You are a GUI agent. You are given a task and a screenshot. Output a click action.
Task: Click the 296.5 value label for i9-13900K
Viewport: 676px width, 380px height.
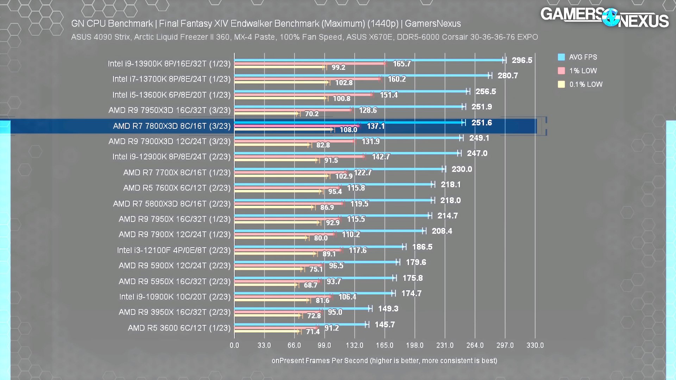point(522,60)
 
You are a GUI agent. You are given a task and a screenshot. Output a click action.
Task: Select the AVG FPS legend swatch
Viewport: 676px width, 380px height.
point(561,57)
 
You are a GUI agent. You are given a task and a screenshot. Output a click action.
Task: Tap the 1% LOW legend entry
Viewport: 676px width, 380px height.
point(583,71)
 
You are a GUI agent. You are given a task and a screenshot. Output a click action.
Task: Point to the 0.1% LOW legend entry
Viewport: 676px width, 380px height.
point(586,84)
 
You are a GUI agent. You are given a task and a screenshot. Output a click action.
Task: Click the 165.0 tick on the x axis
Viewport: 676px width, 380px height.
point(384,345)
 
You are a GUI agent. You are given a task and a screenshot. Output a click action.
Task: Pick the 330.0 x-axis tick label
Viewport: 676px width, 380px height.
point(535,345)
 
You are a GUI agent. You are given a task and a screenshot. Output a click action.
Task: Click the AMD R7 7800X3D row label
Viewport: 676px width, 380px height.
point(171,126)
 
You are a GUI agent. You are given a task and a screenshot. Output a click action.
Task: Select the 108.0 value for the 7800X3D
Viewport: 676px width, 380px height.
point(348,129)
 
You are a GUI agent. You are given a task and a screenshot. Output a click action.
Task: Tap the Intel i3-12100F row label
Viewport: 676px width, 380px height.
point(174,250)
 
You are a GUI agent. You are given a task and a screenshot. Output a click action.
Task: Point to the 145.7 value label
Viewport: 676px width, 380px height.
point(384,324)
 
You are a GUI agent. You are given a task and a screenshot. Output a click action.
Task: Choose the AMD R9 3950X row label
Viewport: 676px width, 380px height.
point(174,312)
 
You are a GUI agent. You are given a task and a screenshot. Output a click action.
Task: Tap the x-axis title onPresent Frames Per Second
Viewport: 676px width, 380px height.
point(384,361)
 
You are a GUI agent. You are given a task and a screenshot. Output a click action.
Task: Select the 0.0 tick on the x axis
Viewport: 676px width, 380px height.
point(234,345)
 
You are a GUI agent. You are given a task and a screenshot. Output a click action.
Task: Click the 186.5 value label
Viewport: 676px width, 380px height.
point(422,247)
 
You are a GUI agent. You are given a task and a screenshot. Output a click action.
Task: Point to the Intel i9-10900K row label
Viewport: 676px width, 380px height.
point(175,297)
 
